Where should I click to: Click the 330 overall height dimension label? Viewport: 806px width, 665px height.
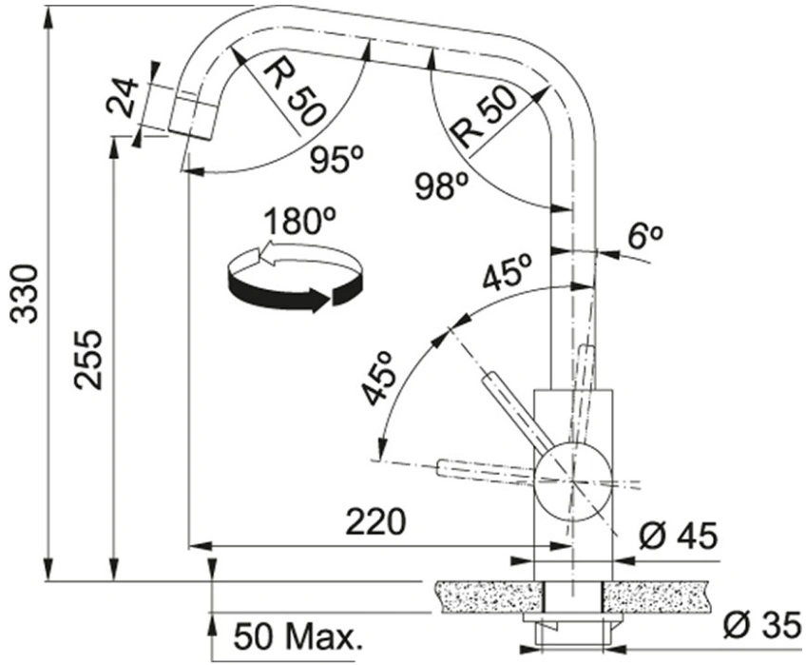pyautogui.click(x=25, y=294)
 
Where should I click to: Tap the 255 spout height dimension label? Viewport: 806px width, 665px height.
pyautogui.click(x=87, y=360)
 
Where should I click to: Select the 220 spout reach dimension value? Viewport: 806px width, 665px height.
pyautogui.click(x=375, y=522)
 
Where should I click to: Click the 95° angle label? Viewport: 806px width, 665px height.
pyautogui.click(x=336, y=159)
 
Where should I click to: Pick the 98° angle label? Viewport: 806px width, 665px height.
pyautogui.click(x=442, y=186)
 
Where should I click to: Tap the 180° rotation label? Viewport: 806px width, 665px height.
pyautogui.click(x=299, y=222)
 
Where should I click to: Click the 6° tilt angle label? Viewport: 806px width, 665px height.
pyautogui.click(x=645, y=237)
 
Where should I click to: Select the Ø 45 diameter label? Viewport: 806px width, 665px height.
pyautogui.click(x=678, y=537)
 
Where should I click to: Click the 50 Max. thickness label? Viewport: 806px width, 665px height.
pyautogui.click(x=298, y=637)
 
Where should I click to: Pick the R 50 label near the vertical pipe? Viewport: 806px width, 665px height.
pyautogui.click(x=483, y=117)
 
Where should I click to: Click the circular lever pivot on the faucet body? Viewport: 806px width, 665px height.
pyautogui.click(x=572, y=480)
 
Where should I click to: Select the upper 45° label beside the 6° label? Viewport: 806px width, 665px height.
pyautogui.click(x=508, y=272)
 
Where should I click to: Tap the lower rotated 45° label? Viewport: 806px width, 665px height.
pyautogui.click(x=377, y=379)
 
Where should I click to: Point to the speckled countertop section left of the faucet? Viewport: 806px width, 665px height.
pyautogui.click(x=489, y=597)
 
